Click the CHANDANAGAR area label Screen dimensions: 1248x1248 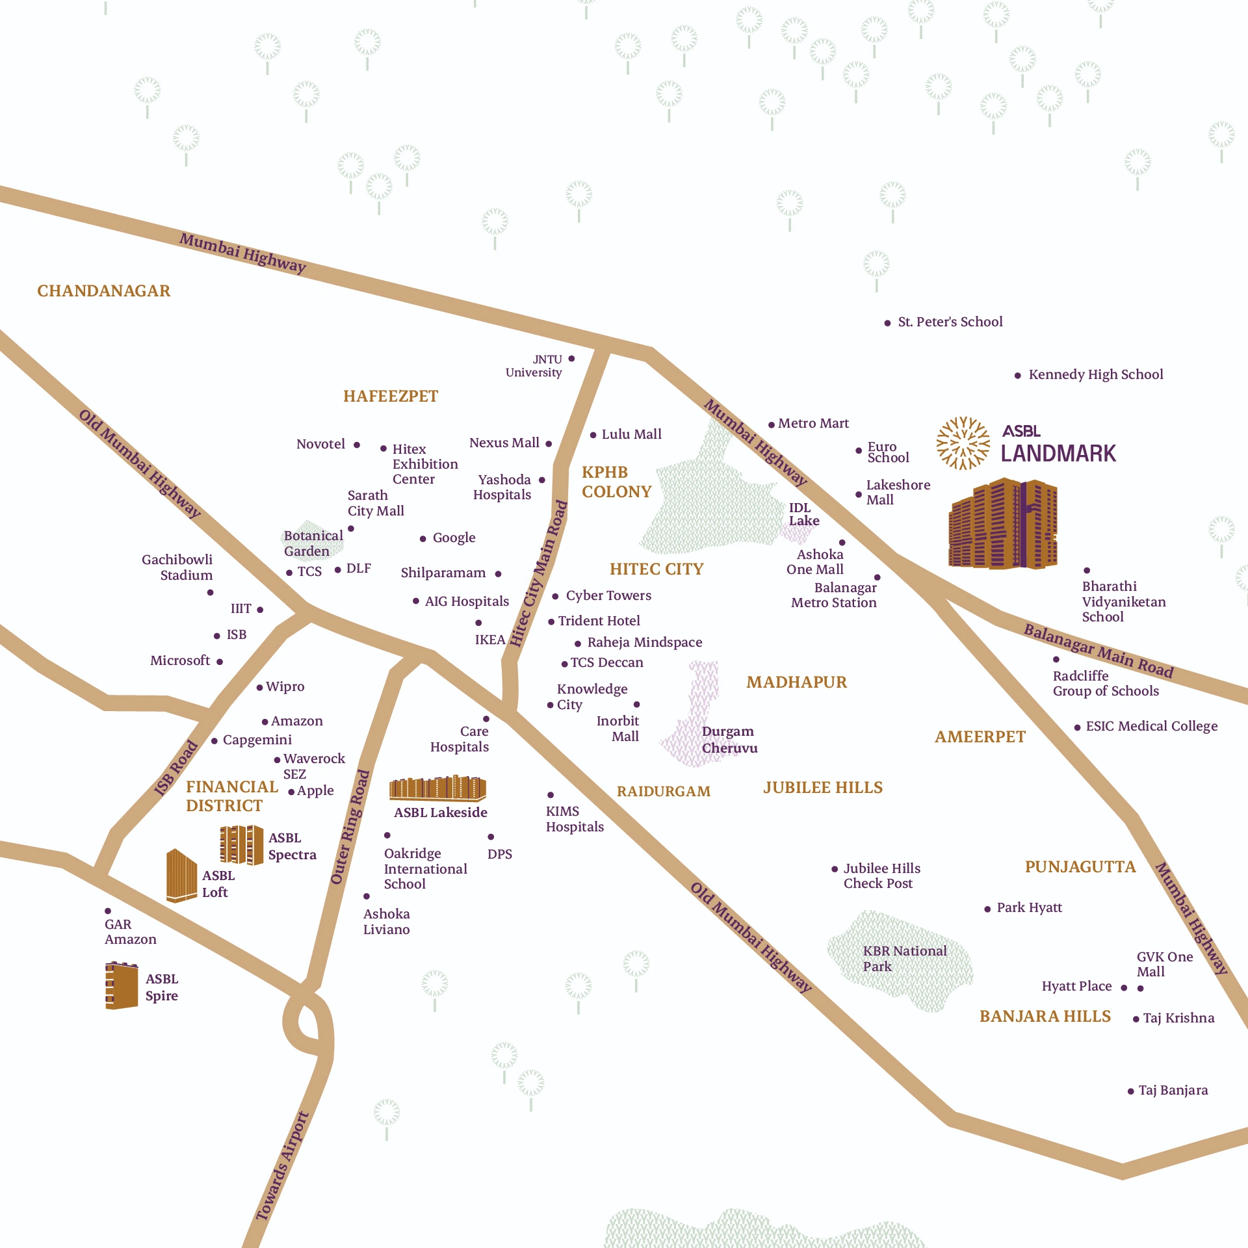click(103, 291)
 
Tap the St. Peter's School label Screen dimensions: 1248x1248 click(950, 322)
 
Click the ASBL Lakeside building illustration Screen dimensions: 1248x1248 click(437, 788)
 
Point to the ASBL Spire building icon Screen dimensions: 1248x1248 click(122, 985)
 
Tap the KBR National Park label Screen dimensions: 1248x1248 click(904, 958)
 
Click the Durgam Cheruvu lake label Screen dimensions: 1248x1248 click(729, 740)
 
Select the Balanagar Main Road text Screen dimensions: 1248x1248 click(1098, 651)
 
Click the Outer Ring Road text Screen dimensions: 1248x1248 click(350, 827)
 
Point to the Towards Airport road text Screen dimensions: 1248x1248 click(282, 1165)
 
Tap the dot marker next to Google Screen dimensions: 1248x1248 click(422, 539)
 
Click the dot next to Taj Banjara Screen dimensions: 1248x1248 click(1130, 1091)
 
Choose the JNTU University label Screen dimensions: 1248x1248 click(534, 366)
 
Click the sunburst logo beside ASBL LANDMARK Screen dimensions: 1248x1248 click(963, 443)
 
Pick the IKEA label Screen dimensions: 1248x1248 click(489, 640)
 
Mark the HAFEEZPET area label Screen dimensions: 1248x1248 click(391, 396)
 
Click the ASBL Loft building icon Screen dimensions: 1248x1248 click(181, 876)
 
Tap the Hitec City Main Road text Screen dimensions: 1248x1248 click(538, 574)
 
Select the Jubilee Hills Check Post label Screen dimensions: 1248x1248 click(881, 876)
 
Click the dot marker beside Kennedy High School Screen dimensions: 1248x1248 click(1017, 376)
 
